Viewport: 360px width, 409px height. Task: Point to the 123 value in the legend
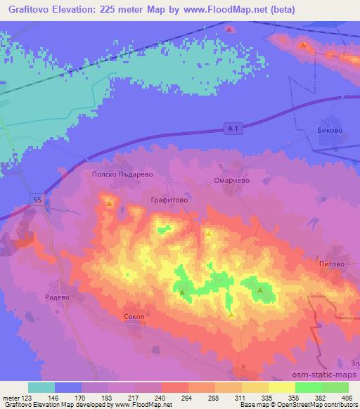(x=29, y=397)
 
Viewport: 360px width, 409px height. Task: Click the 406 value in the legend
(x=347, y=397)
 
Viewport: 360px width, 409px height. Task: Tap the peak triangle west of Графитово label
(x=110, y=203)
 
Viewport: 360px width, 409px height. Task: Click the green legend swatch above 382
(x=309, y=387)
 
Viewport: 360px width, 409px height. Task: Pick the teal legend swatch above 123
(x=41, y=387)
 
